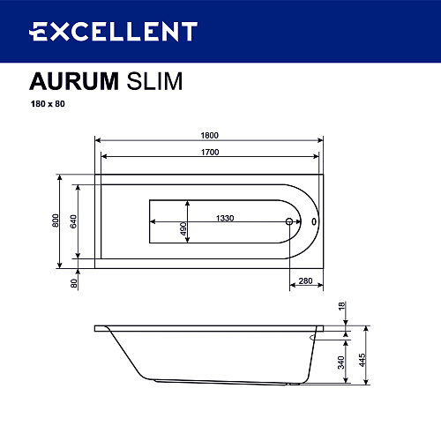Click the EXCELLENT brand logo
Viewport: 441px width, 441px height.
pyautogui.click(x=113, y=31)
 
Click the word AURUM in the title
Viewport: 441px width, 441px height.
pyautogui.click(x=74, y=81)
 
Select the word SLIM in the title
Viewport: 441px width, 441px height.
pyautogui.click(x=154, y=81)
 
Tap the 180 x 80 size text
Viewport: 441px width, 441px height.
pyautogui.click(x=48, y=104)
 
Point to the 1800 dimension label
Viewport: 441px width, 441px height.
pyautogui.click(x=209, y=135)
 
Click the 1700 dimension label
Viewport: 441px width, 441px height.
pyautogui.click(x=210, y=152)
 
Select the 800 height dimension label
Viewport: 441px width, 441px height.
pyautogui.click(x=56, y=220)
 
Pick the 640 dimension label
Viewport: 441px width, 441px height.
pyautogui.click(x=73, y=221)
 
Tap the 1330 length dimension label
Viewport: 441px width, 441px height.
pyautogui.click(x=225, y=218)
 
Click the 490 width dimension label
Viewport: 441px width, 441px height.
pyautogui.click(x=183, y=228)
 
